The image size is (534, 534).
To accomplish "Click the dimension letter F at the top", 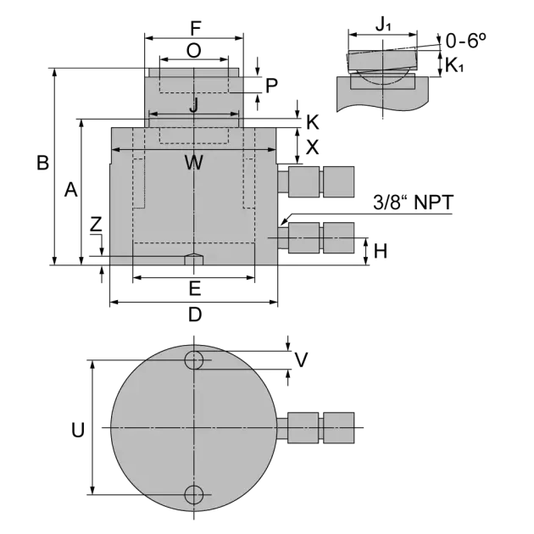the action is (196, 28).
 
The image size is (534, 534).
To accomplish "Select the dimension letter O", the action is (194, 51).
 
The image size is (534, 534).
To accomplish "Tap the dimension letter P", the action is (271, 86).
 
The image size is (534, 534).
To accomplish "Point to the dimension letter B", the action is (43, 163).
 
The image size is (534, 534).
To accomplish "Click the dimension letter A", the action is (71, 190).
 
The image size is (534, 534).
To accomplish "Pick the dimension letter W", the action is (194, 163).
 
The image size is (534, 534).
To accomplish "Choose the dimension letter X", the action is (312, 147).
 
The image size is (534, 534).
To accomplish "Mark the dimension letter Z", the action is (96, 225).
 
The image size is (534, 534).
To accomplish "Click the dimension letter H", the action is (381, 252).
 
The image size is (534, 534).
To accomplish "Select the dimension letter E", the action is (195, 289).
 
